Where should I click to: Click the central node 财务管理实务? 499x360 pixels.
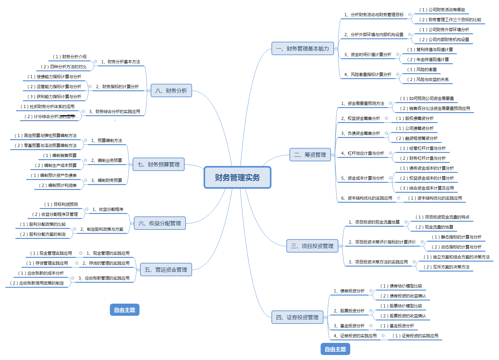(237, 178)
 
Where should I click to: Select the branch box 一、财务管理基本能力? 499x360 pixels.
(302, 49)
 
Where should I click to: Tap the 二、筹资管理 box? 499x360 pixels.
(310, 155)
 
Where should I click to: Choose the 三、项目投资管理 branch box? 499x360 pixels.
(312, 246)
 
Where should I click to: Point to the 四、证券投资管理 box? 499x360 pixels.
(297, 317)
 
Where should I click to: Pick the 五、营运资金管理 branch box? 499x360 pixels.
(166, 270)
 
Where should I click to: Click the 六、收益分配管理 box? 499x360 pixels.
(159, 223)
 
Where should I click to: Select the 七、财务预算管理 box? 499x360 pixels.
(158, 164)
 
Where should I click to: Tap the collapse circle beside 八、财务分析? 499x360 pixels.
(149, 91)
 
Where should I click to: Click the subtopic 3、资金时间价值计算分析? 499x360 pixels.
(368, 54)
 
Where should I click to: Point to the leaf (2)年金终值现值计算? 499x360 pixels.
(428, 59)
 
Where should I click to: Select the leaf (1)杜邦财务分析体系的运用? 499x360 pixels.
(47, 107)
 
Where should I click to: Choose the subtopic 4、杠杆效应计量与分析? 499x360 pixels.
(362, 153)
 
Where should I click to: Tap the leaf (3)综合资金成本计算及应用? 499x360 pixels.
(427, 188)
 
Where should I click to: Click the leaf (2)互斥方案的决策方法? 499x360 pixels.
(446, 267)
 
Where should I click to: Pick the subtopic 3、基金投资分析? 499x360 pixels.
(349, 326)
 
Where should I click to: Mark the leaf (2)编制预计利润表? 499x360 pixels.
(58, 185)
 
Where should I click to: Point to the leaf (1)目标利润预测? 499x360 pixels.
(61, 204)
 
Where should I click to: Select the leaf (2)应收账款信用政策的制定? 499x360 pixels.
(37, 283)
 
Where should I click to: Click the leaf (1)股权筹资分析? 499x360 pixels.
(415, 118)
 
